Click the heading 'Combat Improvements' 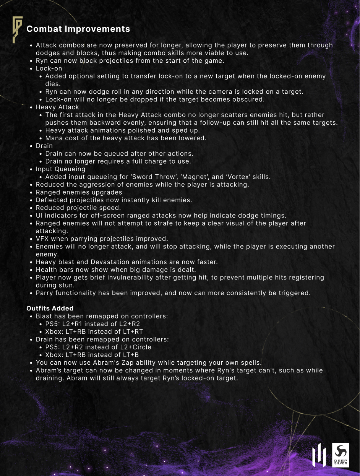click(x=78, y=29)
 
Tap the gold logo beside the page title click(x=17, y=29)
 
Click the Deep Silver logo click(x=340, y=455)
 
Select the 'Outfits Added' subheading click(x=50, y=308)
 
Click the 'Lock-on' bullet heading click(x=49, y=68)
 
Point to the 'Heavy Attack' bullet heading click(x=57, y=107)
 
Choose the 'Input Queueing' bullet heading click(x=60, y=169)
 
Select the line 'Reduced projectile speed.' click(x=78, y=208)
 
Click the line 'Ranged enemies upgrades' click(x=79, y=192)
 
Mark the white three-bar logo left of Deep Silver click(x=319, y=455)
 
